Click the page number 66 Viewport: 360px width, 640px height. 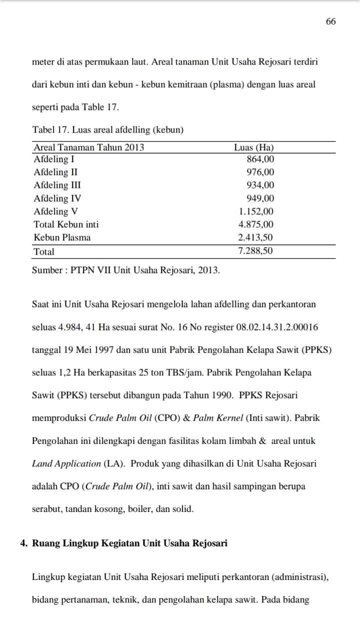tap(330, 21)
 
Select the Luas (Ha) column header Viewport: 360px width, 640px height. tap(253, 147)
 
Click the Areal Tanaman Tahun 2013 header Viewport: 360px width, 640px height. tap(89, 147)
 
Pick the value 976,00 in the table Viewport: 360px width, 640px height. tap(260, 172)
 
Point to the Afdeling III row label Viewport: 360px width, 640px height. tap(57, 185)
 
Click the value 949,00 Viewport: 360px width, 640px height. tap(260, 198)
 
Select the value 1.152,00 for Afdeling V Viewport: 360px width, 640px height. tap(256, 211)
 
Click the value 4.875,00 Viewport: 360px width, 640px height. tap(256, 224)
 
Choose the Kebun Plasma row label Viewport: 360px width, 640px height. tap(62, 237)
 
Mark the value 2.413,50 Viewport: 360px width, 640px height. tap(256, 237)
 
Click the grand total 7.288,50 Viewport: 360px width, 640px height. tap(256, 251)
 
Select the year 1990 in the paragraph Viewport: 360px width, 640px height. tap(219, 395)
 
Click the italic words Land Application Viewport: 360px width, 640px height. tap(66, 463)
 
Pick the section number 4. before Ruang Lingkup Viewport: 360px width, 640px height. tap(24, 543)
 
